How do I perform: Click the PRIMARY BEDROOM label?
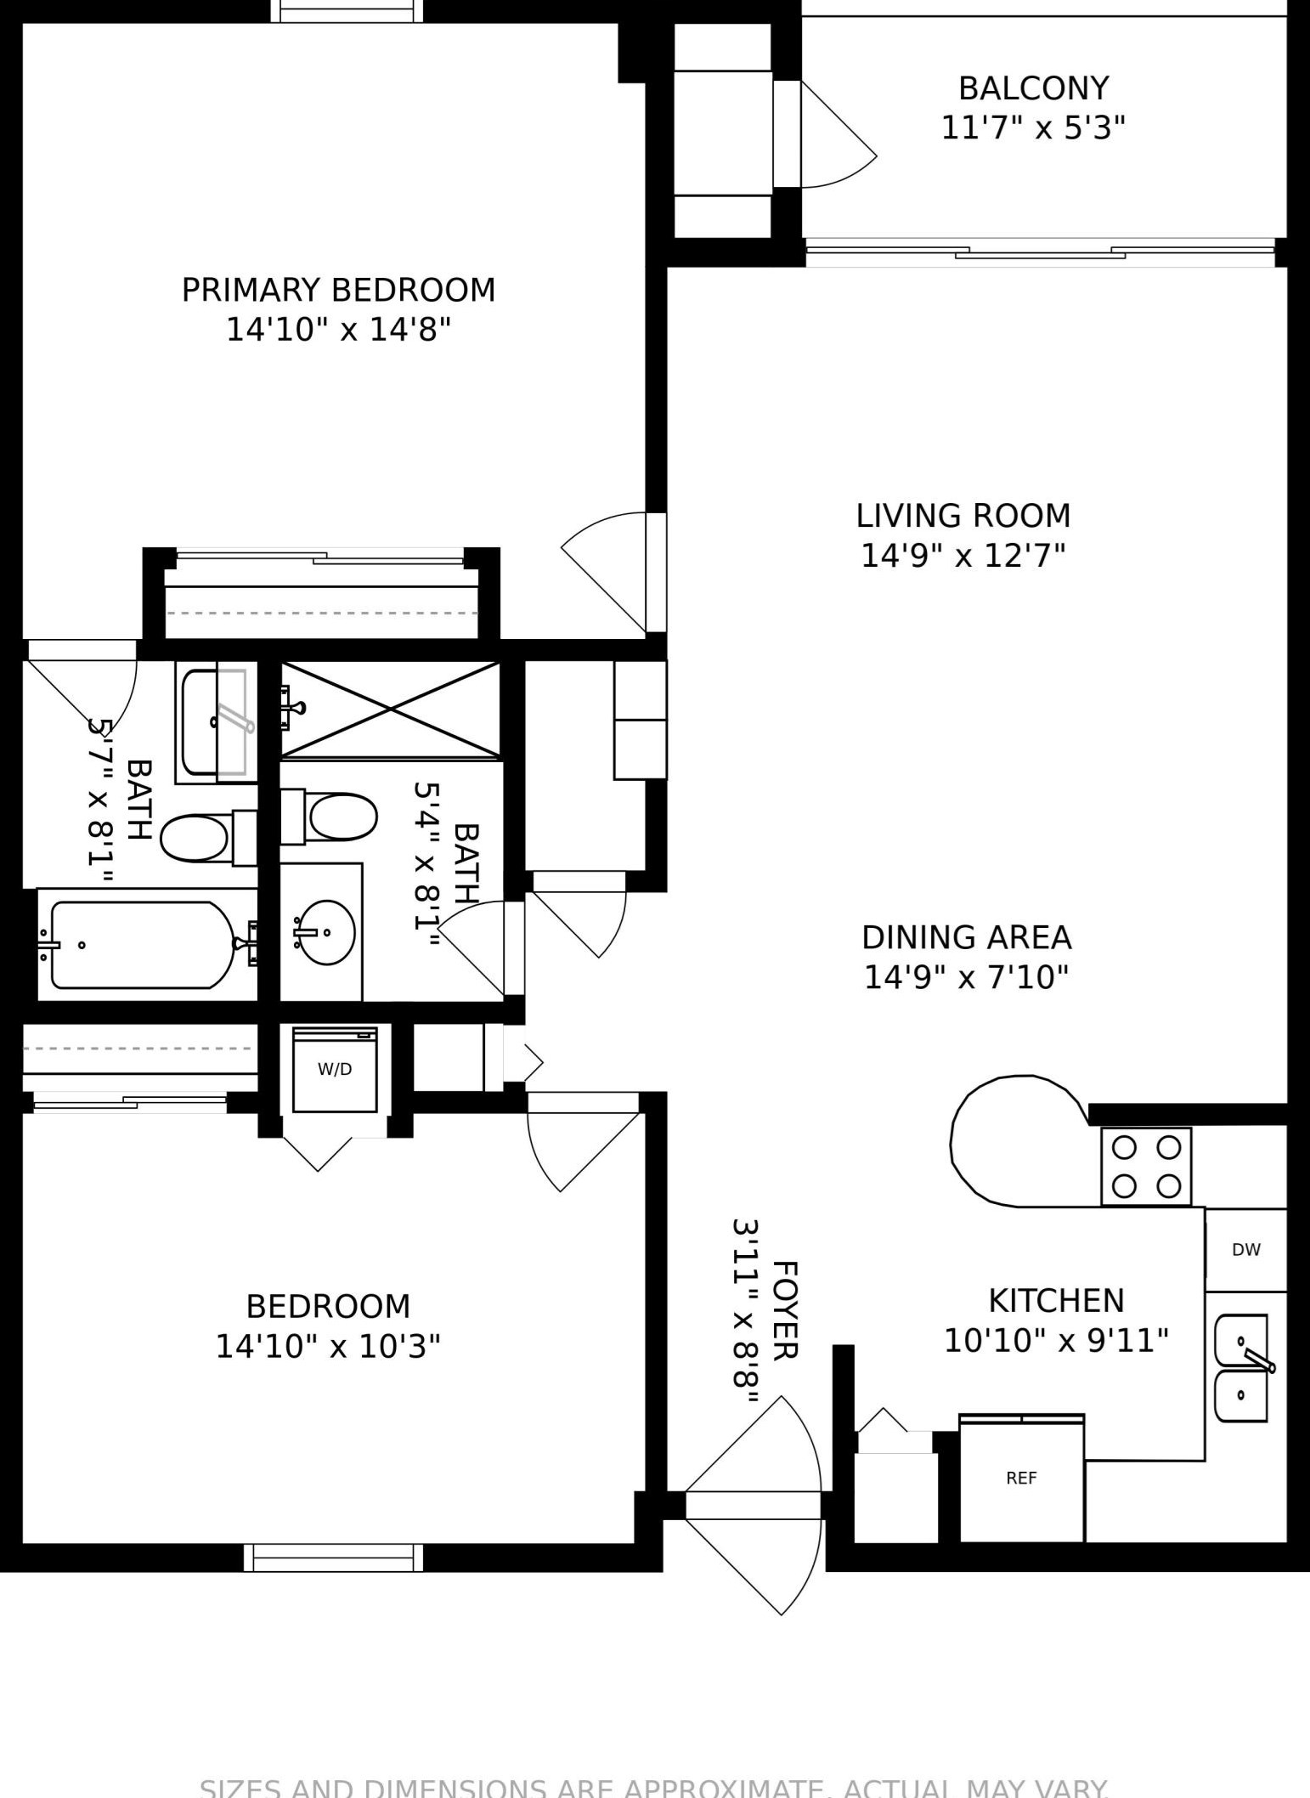coord(338,291)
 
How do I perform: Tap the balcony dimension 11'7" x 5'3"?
coord(1033,128)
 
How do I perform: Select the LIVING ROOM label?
coord(963,516)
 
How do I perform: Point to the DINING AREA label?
coord(966,937)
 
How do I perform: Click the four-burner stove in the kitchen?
coord(1146,1166)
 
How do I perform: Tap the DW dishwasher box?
coord(1245,1250)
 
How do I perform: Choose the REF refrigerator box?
coord(1021,1479)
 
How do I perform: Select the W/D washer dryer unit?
coord(335,1070)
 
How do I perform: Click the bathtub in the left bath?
coord(142,945)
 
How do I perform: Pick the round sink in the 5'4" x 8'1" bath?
coord(328,932)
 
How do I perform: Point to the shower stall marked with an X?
coord(390,709)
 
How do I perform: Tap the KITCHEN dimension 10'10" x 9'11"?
coord(1056,1342)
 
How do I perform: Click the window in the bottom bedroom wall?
coord(333,1558)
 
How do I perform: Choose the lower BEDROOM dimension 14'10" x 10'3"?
coord(328,1347)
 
